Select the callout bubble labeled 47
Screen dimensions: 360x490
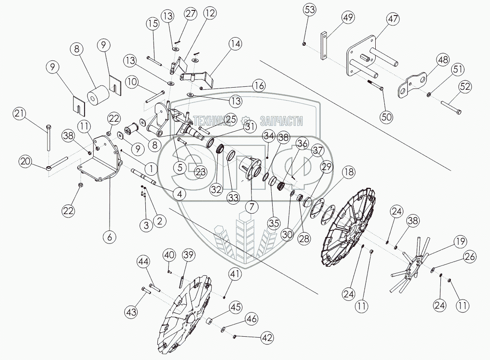pyautogui.click(x=393, y=20)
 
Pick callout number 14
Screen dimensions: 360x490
pyautogui.click(x=236, y=44)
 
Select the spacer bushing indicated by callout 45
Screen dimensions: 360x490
pyautogui.click(x=210, y=322)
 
